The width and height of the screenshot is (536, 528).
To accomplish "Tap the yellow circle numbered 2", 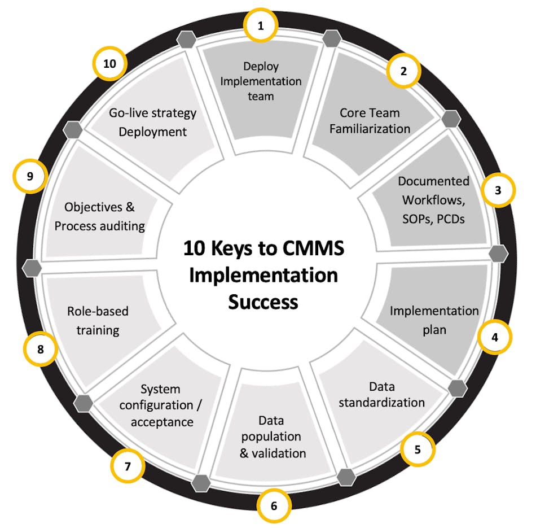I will point(403,71).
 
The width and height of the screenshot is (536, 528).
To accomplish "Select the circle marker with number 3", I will point(498,190).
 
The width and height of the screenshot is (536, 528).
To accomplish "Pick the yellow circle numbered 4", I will point(494,337).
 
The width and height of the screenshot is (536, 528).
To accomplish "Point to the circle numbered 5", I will point(418,450).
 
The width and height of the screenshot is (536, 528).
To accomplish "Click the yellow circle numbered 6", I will point(274,505).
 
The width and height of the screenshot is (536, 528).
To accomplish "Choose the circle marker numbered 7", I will point(128,466).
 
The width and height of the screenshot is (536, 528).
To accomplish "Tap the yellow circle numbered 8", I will point(40,349).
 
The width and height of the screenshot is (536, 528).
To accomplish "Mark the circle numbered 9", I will point(30,177).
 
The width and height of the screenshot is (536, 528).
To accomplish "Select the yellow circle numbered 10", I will point(109,63).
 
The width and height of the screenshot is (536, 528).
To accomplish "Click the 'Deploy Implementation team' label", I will point(261,81).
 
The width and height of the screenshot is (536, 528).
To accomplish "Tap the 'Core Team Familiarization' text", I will point(370,121).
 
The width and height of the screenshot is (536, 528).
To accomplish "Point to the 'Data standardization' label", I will point(382,395).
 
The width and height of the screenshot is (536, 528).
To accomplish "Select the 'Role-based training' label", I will point(98,320).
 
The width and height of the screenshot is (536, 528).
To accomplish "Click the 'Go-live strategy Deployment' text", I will point(152,122).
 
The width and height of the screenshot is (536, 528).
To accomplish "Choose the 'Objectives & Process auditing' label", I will point(100,217).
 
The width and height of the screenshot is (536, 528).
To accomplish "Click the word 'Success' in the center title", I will point(263,302).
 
